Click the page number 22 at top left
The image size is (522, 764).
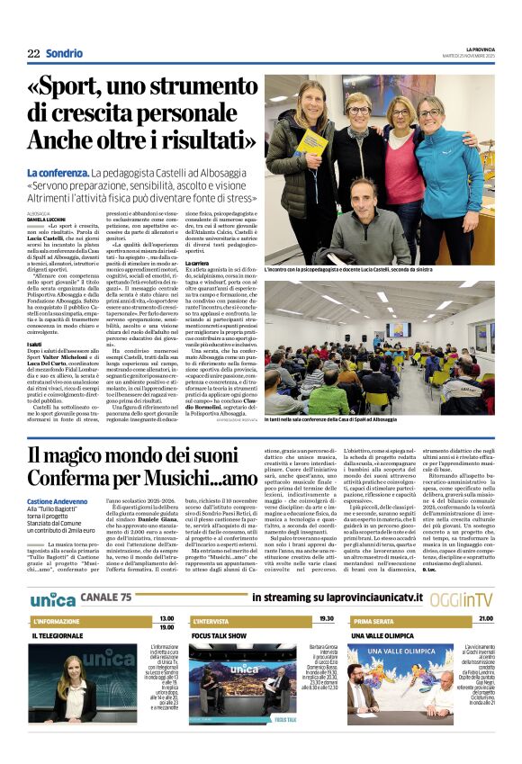(33, 54)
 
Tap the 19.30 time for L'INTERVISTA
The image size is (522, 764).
(326, 619)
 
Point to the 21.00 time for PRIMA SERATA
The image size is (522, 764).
(485, 619)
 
